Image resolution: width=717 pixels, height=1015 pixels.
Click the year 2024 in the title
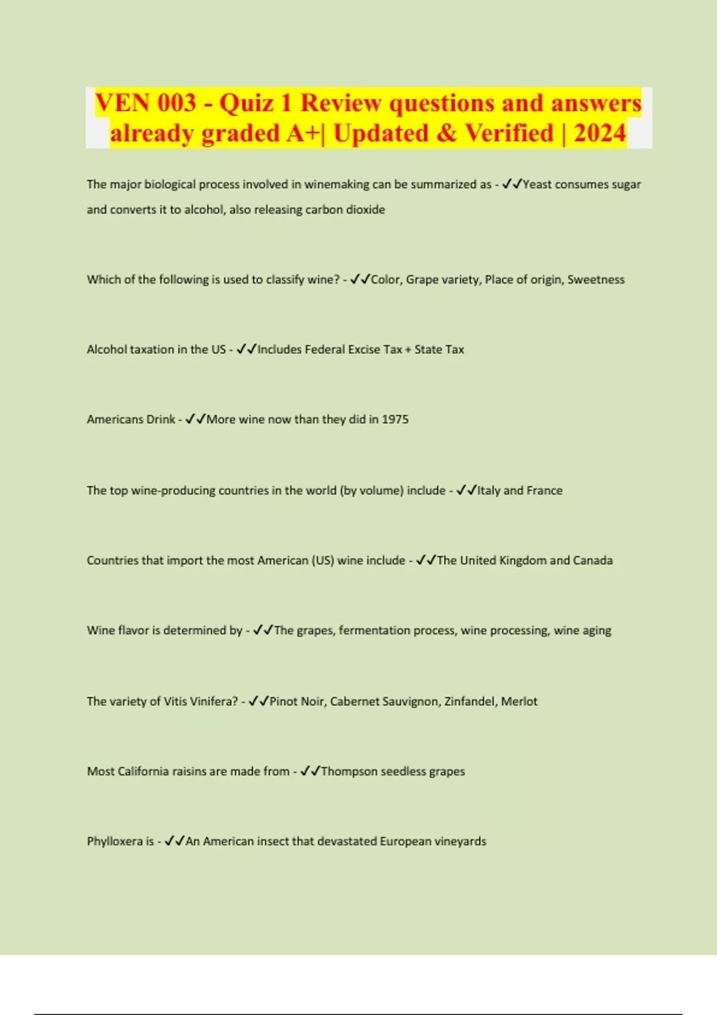[x=599, y=133]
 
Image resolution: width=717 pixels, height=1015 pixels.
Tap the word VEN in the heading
[x=122, y=103]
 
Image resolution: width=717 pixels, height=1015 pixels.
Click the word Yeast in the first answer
[x=537, y=184]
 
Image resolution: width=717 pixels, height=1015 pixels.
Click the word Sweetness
[x=596, y=279]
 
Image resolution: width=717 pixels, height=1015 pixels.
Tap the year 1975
[x=395, y=419]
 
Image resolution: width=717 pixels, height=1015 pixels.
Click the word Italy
[x=488, y=490]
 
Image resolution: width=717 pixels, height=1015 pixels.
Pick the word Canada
[x=593, y=560]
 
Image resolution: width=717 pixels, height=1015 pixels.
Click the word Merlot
[x=519, y=701]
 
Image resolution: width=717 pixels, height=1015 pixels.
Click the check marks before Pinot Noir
[x=259, y=701]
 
